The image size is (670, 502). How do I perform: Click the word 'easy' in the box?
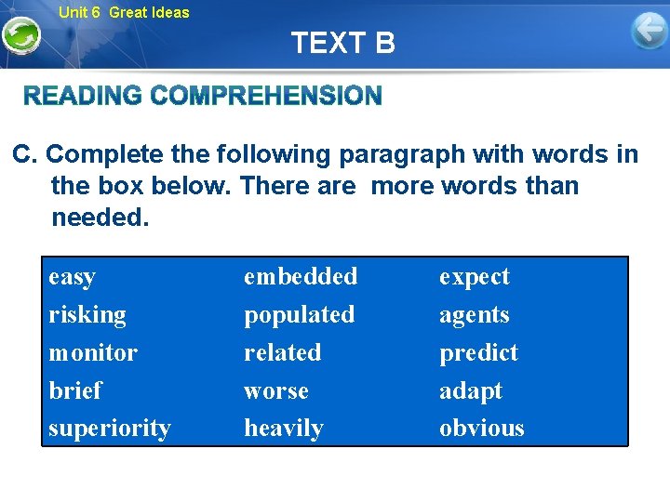coord(72,277)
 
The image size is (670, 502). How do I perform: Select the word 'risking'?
coord(87,315)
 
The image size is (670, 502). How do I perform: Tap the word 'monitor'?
coord(92,353)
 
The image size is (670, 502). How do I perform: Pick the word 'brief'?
coord(74,390)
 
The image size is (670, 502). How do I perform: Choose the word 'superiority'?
coord(109,429)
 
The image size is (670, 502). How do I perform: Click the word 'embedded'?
coord(300,277)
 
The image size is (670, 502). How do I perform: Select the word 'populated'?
coord(299,315)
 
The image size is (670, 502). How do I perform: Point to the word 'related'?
coord(282,353)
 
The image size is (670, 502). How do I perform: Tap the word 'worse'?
coord(275,390)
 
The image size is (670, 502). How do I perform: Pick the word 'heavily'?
coord(283,429)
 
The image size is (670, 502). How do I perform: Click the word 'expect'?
coord(474,277)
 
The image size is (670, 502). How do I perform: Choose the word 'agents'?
coord(474,315)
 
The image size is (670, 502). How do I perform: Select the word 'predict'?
coord(478,353)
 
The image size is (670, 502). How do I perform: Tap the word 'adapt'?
coord(470,390)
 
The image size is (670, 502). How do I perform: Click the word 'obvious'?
coord(481,429)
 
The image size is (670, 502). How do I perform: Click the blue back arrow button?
coord(649,32)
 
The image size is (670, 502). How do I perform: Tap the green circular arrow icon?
coord(20,36)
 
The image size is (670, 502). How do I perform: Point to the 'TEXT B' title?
coord(342,43)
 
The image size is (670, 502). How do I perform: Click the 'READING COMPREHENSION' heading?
coord(202,96)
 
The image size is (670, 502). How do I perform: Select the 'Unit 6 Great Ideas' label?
coord(123,12)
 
